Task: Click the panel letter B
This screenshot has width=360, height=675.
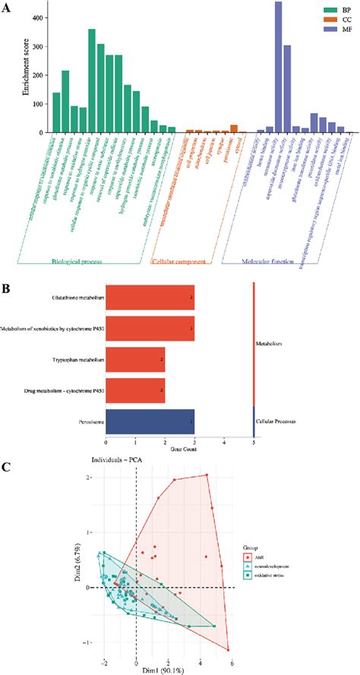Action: tap(7, 267)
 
